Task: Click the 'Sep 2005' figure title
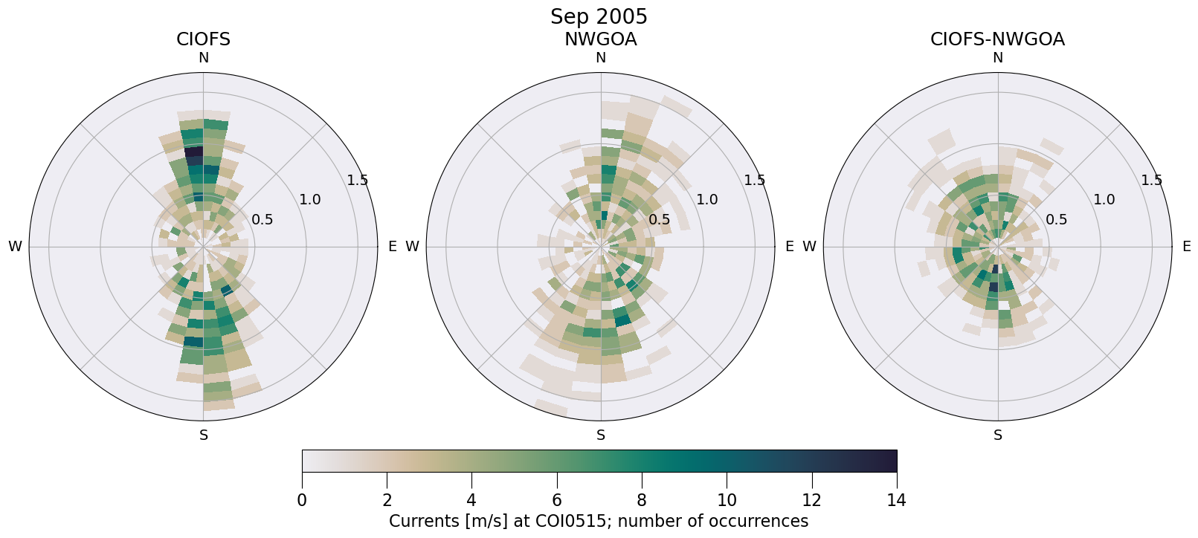[x=599, y=16]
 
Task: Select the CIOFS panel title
[x=203, y=39]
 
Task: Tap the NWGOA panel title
[x=600, y=39]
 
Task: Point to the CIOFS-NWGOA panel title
[x=997, y=39]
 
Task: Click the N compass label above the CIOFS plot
[x=203, y=58]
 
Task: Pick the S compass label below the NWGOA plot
[x=600, y=435]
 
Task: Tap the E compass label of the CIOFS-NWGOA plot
[x=1186, y=247]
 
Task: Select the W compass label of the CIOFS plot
[x=15, y=247]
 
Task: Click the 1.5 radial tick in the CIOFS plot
[x=357, y=180]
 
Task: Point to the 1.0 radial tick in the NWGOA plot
[x=706, y=199]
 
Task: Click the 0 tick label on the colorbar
[x=302, y=500]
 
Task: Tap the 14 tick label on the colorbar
[x=896, y=500]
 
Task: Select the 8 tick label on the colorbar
[x=642, y=500]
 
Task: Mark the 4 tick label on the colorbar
[x=471, y=500]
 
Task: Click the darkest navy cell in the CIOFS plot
[x=193, y=151]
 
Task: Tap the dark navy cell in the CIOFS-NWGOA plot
[x=994, y=287]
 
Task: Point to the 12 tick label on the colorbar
[x=811, y=500]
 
